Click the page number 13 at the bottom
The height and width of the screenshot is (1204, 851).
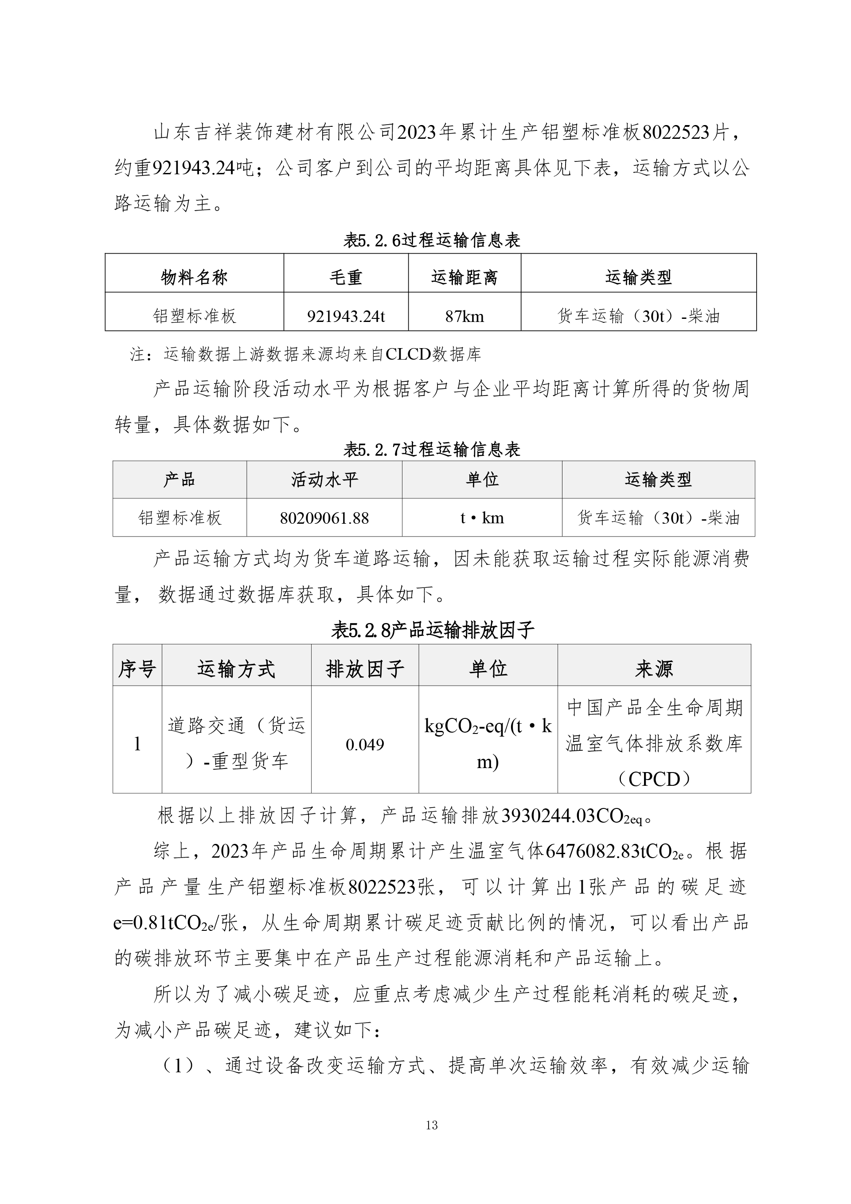[432, 1125]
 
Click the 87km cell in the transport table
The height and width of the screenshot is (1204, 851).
[464, 317]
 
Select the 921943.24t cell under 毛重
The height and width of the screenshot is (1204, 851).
[346, 317]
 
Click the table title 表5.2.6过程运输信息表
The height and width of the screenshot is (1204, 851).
[431, 240]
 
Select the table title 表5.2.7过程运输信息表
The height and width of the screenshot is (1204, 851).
[431, 449]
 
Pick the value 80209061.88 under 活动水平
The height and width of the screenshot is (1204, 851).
[324, 518]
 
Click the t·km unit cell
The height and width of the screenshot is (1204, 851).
[482, 518]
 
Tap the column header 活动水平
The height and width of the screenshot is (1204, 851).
[324, 480]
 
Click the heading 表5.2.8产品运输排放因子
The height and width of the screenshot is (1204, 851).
[432, 630]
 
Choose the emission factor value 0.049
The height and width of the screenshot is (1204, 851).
[365, 745]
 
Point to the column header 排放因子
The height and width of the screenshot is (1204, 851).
[365, 669]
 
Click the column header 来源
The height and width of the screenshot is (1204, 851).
[653, 669]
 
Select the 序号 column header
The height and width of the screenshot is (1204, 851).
[137, 669]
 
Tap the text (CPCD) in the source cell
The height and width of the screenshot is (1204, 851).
[653, 780]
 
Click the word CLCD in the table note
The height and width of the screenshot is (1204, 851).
[408, 355]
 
